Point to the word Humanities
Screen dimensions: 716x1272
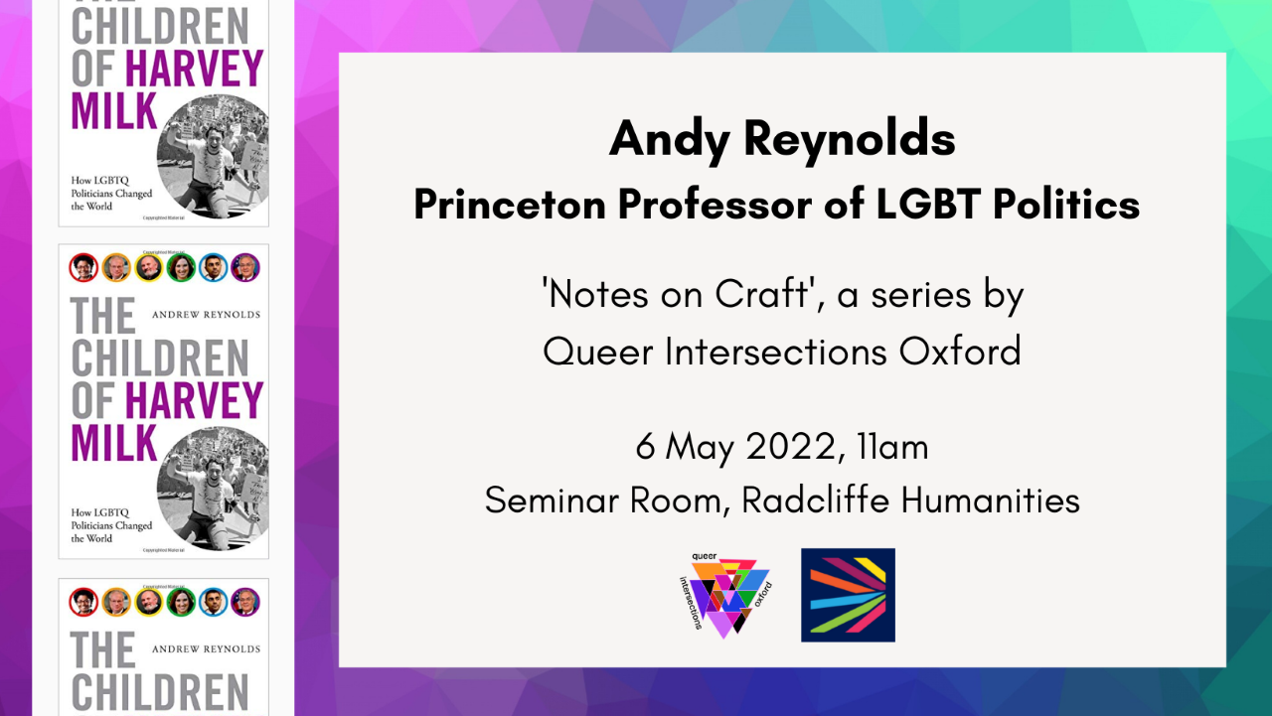991,500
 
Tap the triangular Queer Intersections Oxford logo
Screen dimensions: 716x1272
724,594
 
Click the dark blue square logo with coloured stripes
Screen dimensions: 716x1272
848,595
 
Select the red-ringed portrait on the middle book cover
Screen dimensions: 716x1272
83,267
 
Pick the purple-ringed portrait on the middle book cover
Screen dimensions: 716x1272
244,267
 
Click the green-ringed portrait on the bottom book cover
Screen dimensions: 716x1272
181,602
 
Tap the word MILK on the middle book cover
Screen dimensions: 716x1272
114,443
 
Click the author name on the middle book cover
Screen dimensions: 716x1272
206,315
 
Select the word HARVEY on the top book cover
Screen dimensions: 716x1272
195,69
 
